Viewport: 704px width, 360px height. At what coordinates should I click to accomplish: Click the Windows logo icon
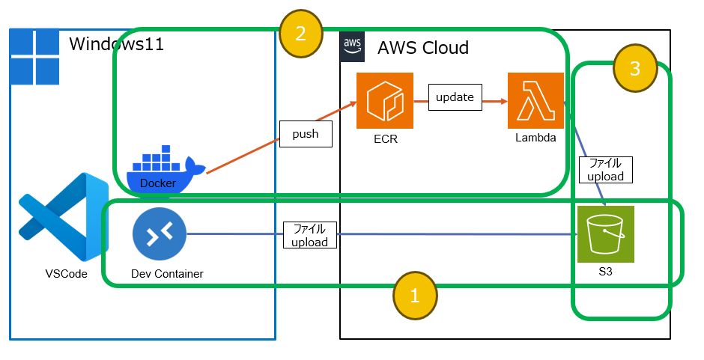35,57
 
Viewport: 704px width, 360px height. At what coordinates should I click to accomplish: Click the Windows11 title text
116,44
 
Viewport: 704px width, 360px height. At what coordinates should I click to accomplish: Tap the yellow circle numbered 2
300,34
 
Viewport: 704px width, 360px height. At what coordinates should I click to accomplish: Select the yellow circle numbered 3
634,69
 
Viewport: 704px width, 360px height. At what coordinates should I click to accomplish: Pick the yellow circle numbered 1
416,296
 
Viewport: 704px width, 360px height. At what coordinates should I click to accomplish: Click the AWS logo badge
352,46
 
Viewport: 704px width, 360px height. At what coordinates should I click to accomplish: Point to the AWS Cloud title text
422,48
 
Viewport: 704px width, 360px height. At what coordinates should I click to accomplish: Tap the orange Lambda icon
535,100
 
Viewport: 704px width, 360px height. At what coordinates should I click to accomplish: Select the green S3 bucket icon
606,234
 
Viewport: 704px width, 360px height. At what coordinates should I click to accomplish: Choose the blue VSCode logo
64,217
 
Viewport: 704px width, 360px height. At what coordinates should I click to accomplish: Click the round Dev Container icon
159,234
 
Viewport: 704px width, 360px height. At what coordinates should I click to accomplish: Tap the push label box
306,134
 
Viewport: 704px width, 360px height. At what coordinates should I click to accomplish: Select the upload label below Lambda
606,170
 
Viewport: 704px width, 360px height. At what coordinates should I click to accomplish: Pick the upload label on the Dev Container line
310,235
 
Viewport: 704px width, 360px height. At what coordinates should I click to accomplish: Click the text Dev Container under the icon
167,274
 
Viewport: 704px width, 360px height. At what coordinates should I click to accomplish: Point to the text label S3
606,272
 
